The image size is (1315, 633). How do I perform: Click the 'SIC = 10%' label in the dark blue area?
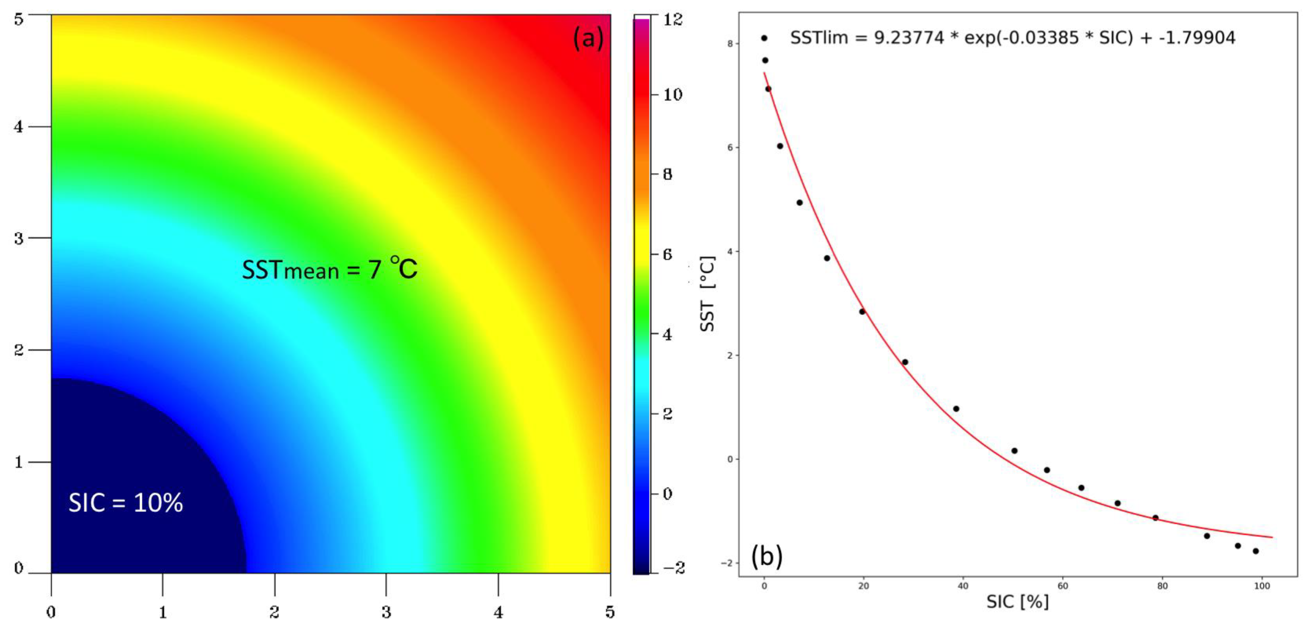tap(126, 503)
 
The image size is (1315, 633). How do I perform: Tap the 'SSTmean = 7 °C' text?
tap(329, 269)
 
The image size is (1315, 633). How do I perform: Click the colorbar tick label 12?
tap(672, 19)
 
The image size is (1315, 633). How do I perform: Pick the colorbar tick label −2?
tap(672, 568)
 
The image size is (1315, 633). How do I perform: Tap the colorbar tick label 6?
tap(667, 254)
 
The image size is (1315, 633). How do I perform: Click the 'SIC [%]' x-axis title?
tap(1017, 602)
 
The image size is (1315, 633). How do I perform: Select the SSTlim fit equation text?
tap(1013, 38)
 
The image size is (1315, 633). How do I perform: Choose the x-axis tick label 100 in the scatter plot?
tap(1262, 586)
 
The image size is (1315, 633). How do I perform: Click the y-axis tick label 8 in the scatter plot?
tap(730, 44)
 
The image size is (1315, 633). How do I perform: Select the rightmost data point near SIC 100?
tap(1256, 551)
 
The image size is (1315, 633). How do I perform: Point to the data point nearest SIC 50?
tap(1014, 451)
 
